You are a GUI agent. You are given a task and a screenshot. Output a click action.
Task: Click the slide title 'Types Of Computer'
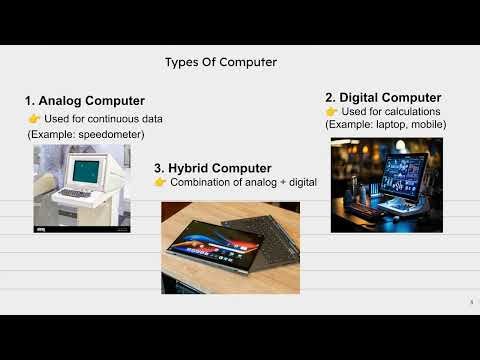pos(221,62)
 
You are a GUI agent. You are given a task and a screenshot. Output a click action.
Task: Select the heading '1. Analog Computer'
pos(84,101)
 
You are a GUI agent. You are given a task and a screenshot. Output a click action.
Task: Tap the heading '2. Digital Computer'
pos(383,97)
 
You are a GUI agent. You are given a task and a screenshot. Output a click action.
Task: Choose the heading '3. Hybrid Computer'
pos(212,168)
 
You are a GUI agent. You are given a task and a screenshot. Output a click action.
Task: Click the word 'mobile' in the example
pos(427,124)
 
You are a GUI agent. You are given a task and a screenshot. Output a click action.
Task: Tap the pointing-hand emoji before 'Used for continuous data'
pos(34,119)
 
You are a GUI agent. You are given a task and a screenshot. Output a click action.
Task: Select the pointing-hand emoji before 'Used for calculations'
pos(332,111)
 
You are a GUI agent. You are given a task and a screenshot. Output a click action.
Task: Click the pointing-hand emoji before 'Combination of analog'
pos(160,183)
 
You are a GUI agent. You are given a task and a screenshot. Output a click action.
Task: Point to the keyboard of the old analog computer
pos(75,192)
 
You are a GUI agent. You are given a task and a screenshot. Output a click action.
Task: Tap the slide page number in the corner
pos(471,302)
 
